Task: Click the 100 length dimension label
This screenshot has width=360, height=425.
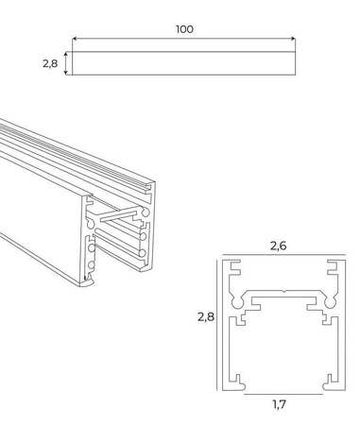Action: [x=183, y=29]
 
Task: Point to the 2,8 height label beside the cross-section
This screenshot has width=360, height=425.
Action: [x=208, y=318]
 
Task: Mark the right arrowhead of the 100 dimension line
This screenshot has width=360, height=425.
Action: [x=294, y=41]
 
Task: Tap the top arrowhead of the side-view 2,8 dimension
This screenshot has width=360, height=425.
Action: [x=66, y=53]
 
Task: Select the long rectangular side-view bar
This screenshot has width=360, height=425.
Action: [x=184, y=63]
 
